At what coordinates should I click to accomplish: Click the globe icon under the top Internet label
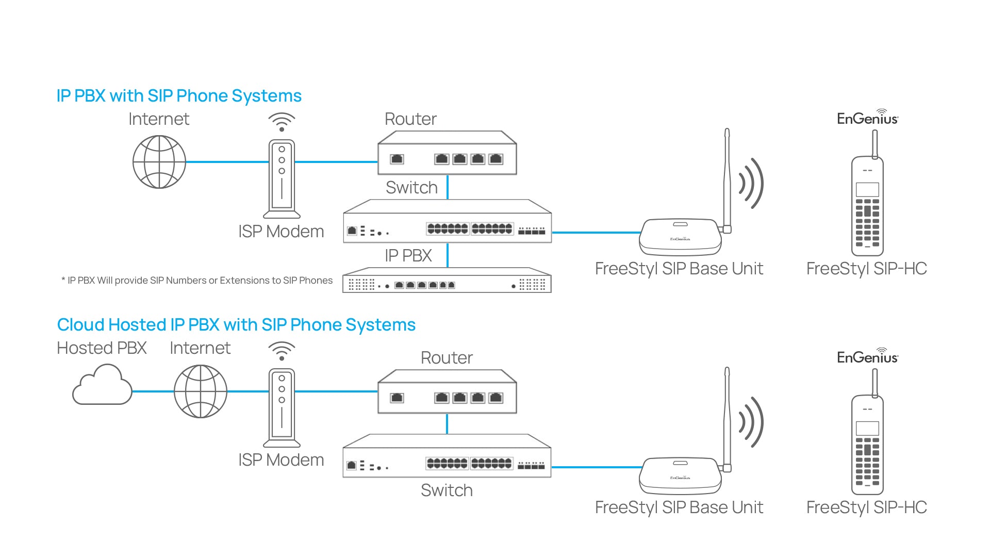coord(159,162)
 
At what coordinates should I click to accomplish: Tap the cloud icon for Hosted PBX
coord(102,386)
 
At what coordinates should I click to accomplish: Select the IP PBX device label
coord(408,256)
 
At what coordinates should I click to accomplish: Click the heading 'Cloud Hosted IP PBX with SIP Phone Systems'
coord(236,325)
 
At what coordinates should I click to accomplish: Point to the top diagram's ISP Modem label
coord(281,232)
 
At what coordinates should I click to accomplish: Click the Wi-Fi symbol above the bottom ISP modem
coord(282,351)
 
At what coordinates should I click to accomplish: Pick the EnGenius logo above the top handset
coord(867,118)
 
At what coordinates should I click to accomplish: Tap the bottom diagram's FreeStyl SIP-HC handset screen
coord(867,428)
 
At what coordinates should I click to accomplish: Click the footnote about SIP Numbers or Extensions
coord(197,281)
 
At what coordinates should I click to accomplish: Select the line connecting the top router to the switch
coord(448,187)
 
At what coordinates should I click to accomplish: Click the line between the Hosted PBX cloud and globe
coord(153,391)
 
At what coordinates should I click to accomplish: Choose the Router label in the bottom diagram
coord(447,358)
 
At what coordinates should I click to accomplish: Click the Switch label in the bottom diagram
coord(447,490)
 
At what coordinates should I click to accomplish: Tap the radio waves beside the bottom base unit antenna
coord(752,422)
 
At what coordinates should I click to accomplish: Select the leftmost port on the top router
coord(397,159)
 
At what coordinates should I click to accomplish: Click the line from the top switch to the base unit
coord(596,233)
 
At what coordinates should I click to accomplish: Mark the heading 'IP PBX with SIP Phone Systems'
coord(179,96)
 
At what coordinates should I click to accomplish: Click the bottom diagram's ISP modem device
coord(282,407)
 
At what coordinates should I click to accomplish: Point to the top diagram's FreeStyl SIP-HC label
coord(867,269)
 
